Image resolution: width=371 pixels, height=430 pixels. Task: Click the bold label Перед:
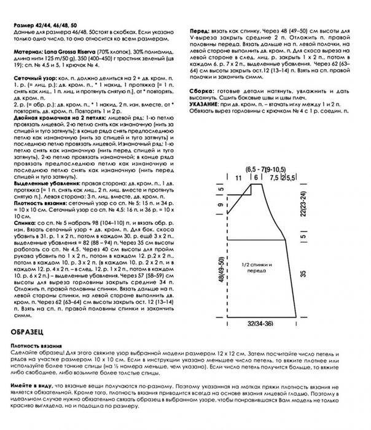pyautogui.click(x=200, y=29)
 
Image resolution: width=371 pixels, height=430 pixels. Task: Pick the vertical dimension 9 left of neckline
pyautogui.click(x=219, y=206)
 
